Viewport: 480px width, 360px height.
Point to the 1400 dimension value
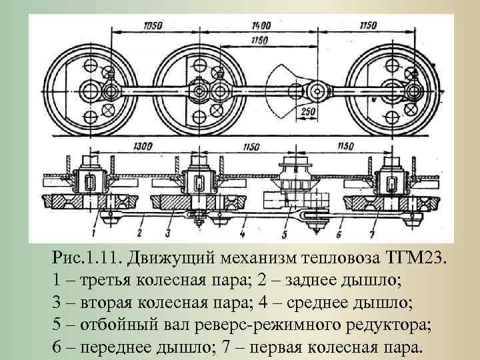pyautogui.click(x=261, y=26)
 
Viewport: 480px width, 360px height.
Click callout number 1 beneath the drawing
pyautogui.click(x=94, y=233)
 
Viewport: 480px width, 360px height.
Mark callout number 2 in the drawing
pyautogui.click(x=137, y=233)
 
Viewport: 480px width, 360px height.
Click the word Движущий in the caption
pyautogui.click(x=170, y=257)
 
